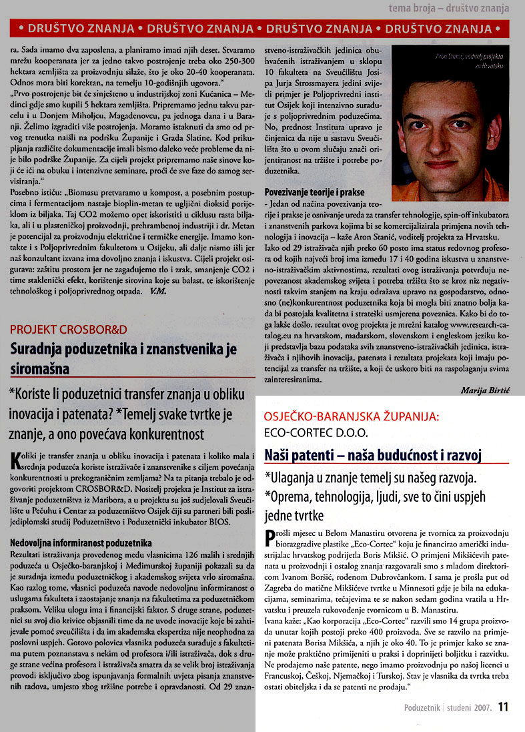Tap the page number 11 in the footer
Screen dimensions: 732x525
[x=504, y=706]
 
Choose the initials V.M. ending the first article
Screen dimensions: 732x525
[x=159, y=291]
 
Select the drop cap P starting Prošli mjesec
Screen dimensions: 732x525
[x=270, y=534]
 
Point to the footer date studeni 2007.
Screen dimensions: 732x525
[x=470, y=707]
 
